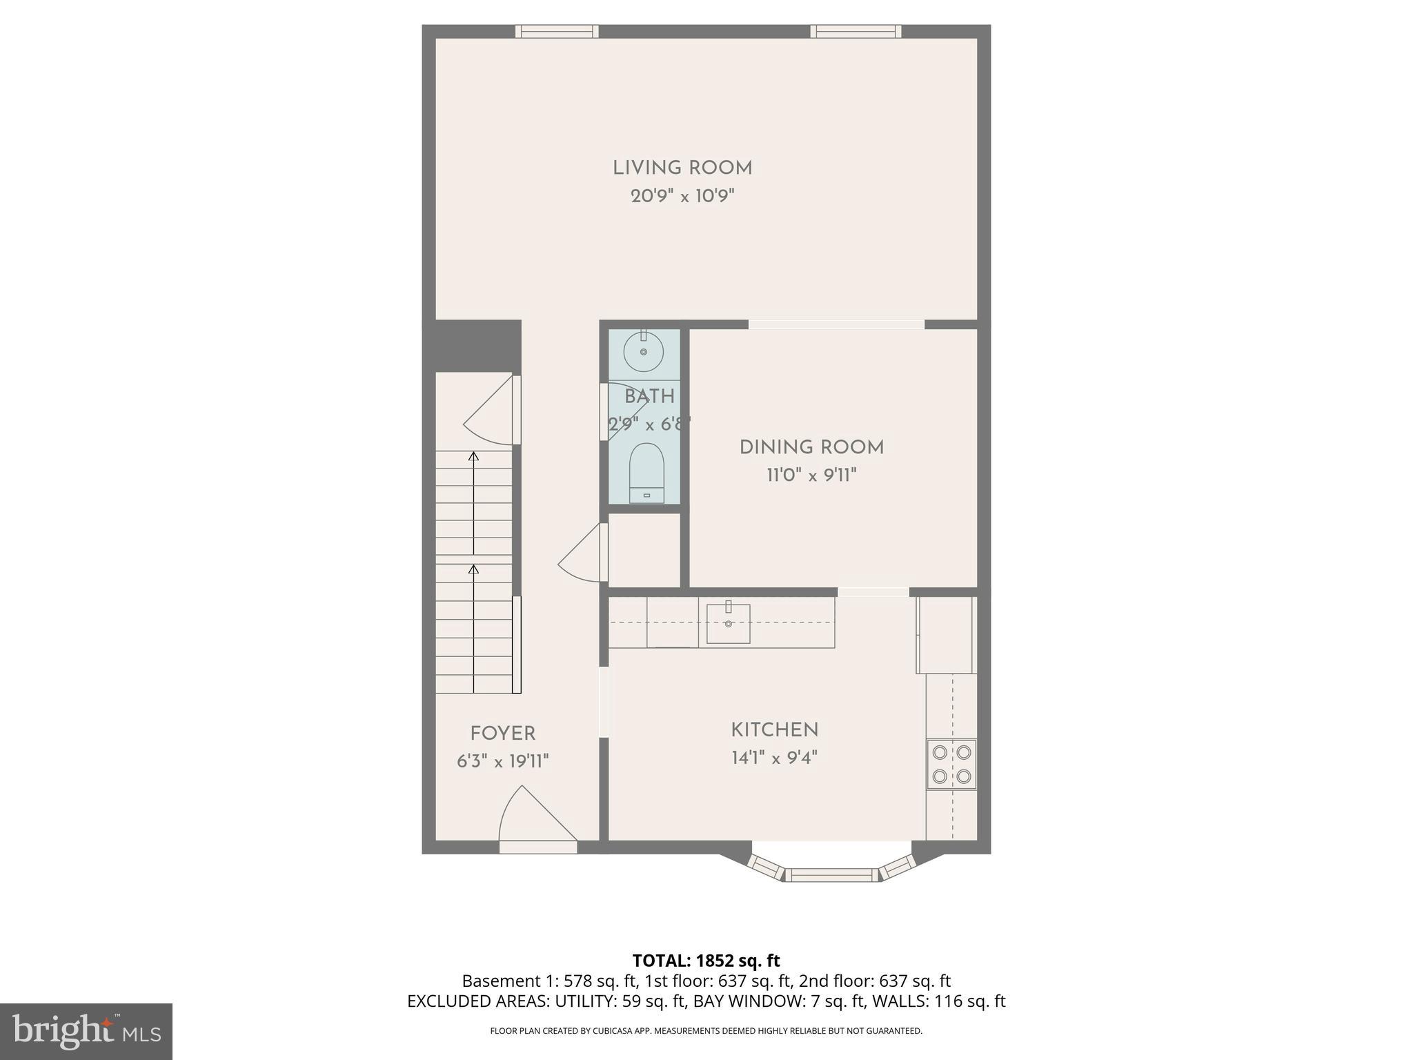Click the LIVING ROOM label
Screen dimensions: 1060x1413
pos(682,168)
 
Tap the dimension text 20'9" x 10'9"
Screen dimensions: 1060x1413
pos(682,197)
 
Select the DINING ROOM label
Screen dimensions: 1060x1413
pos(811,448)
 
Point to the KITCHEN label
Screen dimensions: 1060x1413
pos(774,730)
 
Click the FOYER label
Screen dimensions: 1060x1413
pos(502,734)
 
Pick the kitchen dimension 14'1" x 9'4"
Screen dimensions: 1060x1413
pos(774,758)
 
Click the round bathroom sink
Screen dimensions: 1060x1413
pos(643,351)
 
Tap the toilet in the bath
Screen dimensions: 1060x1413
pos(646,473)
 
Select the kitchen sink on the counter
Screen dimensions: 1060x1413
pos(728,623)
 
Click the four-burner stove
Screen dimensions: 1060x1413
pos(951,764)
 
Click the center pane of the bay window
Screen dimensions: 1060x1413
pos(833,875)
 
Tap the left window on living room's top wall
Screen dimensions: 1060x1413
pos(556,31)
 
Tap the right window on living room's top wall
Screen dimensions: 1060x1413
pos(855,31)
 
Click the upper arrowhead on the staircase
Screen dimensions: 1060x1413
pos(473,456)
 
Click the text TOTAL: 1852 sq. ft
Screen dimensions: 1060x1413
pos(706,961)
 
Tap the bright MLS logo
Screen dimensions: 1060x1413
pos(86,1031)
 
